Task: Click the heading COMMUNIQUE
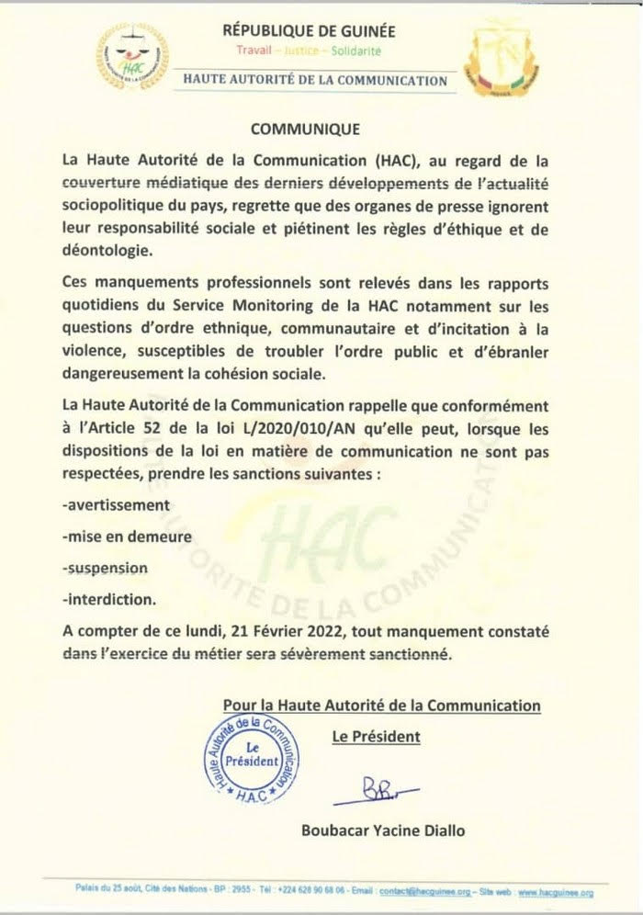(x=305, y=129)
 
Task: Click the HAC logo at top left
(x=134, y=61)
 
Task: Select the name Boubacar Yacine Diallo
(x=383, y=830)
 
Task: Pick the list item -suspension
(x=106, y=569)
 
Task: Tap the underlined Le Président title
(x=375, y=736)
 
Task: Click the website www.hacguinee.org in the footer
(x=554, y=891)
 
